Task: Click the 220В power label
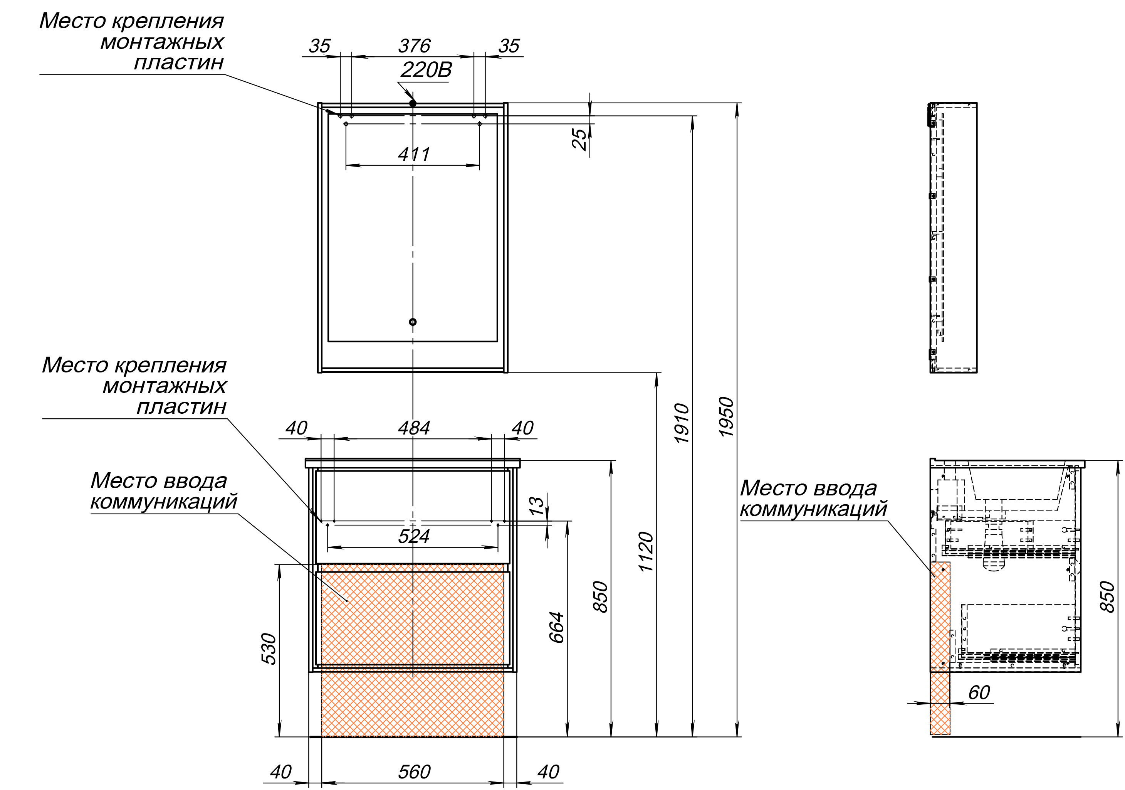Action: (x=425, y=71)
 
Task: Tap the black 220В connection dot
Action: (x=413, y=103)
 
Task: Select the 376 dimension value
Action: (x=414, y=46)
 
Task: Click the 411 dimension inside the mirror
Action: (x=414, y=155)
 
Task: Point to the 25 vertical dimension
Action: (x=580, y=139)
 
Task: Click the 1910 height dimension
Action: (x=682, y=424)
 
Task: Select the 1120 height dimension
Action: (x=646, y=551)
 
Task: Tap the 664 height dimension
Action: (x=557, y=627)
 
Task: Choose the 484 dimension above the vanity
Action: (x=414, y=428)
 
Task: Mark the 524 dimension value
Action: (x=414, y=536)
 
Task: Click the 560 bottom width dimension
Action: (x=414, y=772)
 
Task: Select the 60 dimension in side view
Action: (x=979, y=692)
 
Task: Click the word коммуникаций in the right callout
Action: (x=813, y=509)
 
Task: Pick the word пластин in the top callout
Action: (x=179, y=63)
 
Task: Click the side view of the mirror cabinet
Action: (x=954, y=238)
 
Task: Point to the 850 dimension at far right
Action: (x=1108, y=596)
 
